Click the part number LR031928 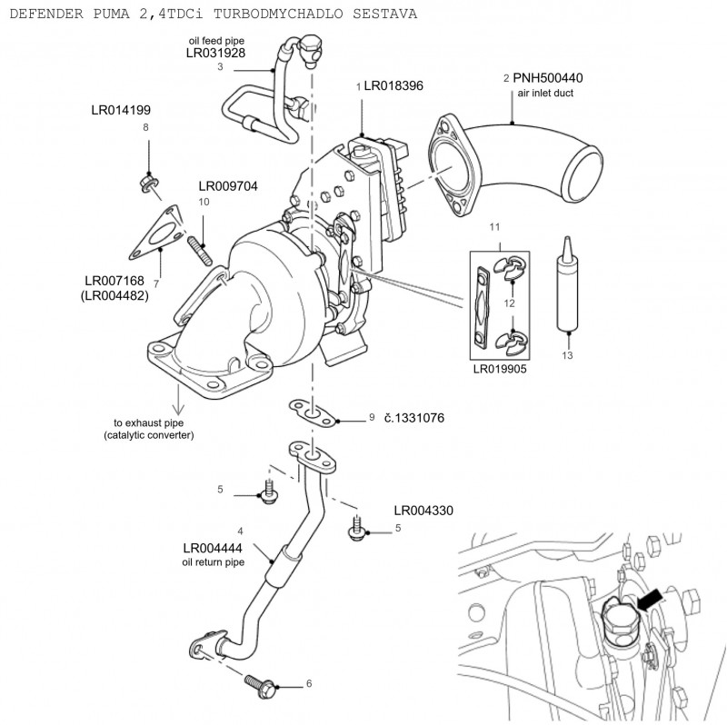pos(215,54)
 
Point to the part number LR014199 pos(121,110)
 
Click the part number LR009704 pos(228,186)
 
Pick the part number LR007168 pos(115,281)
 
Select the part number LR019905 pos(500,371)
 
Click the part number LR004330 pos(423,511)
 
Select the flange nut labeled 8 pos(147,184)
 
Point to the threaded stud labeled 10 pos(201,250)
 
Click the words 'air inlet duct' pos(545,94)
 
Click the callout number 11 pos(495,224)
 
